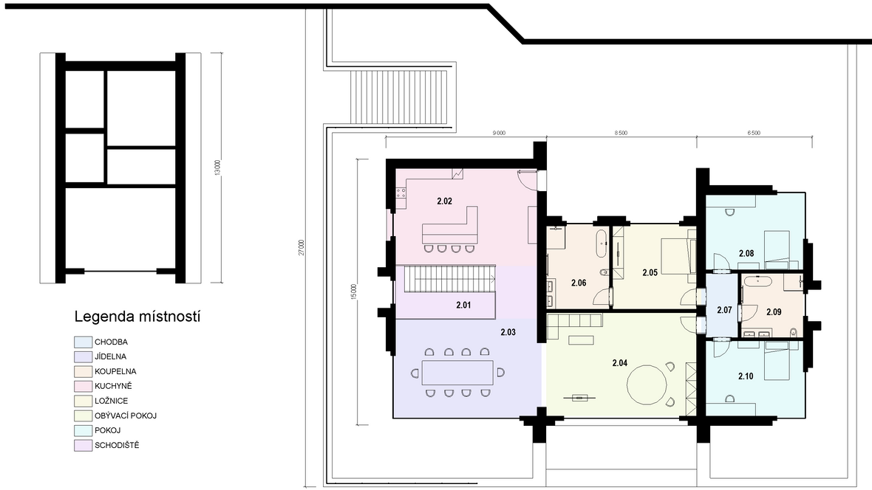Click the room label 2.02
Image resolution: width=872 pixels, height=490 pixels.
tap(444, 201)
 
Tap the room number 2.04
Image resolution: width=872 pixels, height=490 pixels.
tap(619, 363)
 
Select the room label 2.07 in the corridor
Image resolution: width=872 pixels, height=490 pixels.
tap(724, 310)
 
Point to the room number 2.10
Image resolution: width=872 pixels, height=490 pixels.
tap(746, 376)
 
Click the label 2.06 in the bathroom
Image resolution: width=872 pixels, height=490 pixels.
tap(579, 283)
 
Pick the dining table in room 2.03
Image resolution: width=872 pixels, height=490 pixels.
tap(457, 372)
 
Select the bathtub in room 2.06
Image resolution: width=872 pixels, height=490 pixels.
tap(602, 243)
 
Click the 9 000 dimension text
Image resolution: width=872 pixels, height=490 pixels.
tap(499, 134)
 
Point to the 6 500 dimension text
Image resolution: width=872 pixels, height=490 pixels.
tap(754, 134)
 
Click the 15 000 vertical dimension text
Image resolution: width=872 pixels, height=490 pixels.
tap(354, 291)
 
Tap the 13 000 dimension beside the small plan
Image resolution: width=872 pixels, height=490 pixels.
tap(217, 168)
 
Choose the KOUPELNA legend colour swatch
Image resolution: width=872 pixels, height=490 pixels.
tap(83, 371)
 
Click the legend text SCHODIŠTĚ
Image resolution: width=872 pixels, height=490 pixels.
tap(117, 445)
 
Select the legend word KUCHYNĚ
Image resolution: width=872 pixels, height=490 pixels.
tap(114, 386)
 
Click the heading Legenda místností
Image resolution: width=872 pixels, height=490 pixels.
tap(137, 317)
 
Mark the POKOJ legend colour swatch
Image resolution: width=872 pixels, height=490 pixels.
tap(83, 430)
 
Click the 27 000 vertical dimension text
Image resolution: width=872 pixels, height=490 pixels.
tap(301, 248)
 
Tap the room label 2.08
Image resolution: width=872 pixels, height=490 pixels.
tap(746, 253)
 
